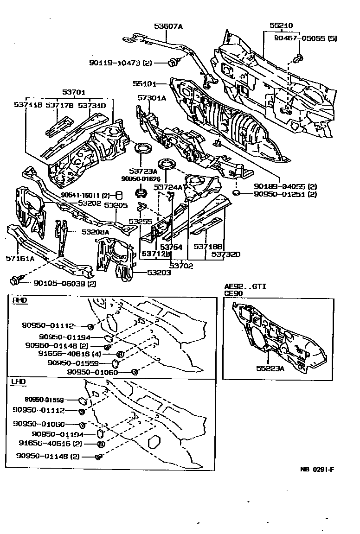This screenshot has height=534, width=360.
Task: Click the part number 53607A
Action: tap(168, 26)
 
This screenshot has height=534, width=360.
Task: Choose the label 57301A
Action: tap(151, 98)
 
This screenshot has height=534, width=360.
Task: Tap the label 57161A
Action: tap(20, 259)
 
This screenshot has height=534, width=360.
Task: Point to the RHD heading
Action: tap(19, 300)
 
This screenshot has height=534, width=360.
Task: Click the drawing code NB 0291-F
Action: tap(317, 469)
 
